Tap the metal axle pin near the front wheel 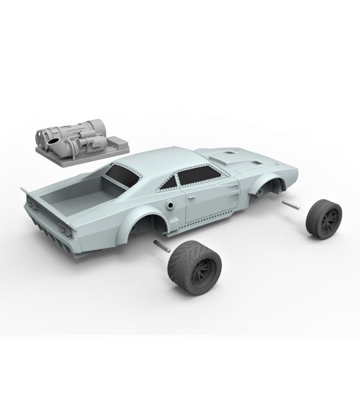pyautogui.click(x=290, y=205)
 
